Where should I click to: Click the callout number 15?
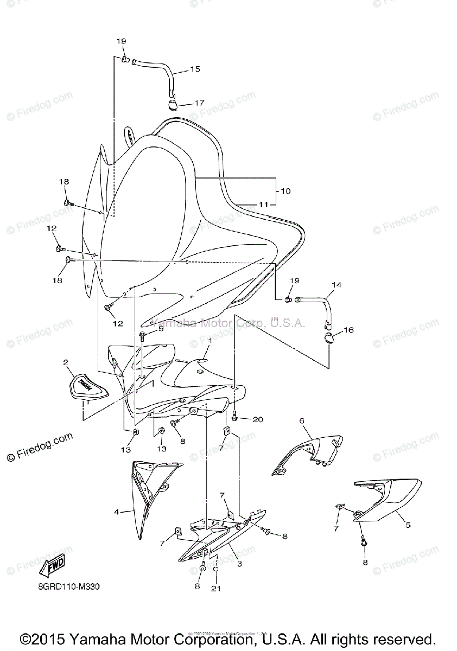point(195,69)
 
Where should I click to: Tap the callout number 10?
point(285,191)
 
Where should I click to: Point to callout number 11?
point(263,205)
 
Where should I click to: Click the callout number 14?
point(337,284)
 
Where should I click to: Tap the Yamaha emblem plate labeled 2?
point(87,385)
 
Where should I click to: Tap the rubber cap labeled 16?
point(329,339)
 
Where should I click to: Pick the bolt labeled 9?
point(142,336)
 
